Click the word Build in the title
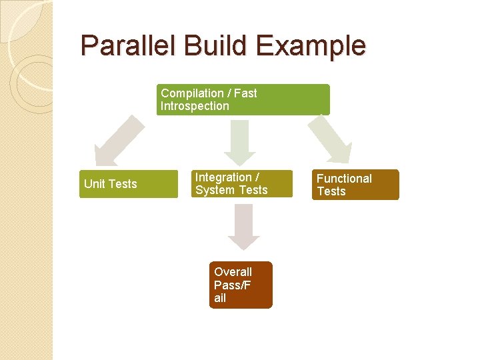pos(209,46)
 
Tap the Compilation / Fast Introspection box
pos(243,99)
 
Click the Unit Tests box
pos(129,184)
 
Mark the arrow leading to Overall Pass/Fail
pos(243,227)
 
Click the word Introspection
pos(194,106)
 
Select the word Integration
pos(223,177)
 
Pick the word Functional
pos(344,179)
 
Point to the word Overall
pos(233,272)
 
